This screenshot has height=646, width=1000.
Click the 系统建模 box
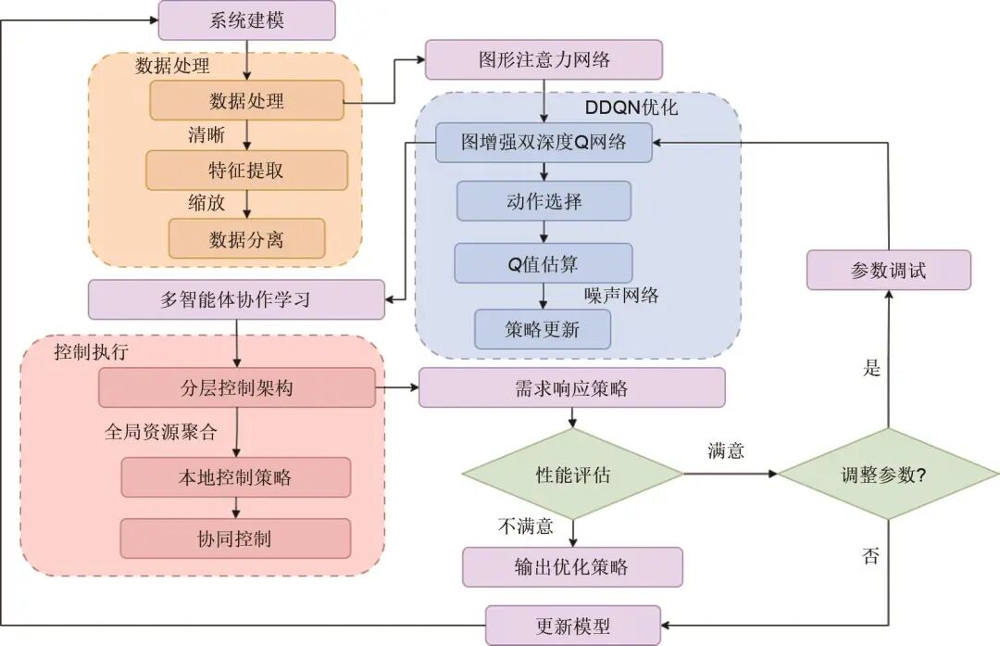(246, 20)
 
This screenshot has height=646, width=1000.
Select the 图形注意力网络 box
(544, 60)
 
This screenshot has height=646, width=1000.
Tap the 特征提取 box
(246, 170)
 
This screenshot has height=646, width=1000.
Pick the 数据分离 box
(246, 238)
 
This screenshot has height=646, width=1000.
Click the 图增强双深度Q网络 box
(544, 143)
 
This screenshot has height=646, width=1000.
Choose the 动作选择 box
(544, 201)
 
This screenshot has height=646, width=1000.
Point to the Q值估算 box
(544, 262)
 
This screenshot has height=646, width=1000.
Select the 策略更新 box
(544, 329)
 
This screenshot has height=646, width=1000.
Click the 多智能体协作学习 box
(236, 299)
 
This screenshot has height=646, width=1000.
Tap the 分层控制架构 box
(237, 387)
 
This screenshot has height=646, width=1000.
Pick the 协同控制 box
(235, 538)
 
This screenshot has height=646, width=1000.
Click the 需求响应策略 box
(571, 387)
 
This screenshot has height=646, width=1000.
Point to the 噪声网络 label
(621, 296)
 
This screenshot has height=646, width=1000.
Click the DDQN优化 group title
(631, 107)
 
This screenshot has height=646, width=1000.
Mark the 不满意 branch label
(525, 526)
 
